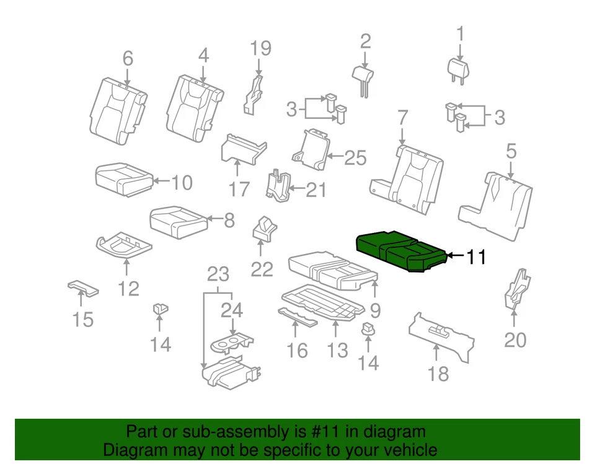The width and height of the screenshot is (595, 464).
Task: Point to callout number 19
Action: (x=261, y=48)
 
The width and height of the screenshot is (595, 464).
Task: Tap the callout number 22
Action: (x=262, y=270)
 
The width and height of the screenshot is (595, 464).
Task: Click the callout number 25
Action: (x=355, y=158)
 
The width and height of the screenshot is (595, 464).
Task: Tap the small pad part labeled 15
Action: (x=82, y=287)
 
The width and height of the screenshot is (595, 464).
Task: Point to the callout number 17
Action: (x=239, y=189)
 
